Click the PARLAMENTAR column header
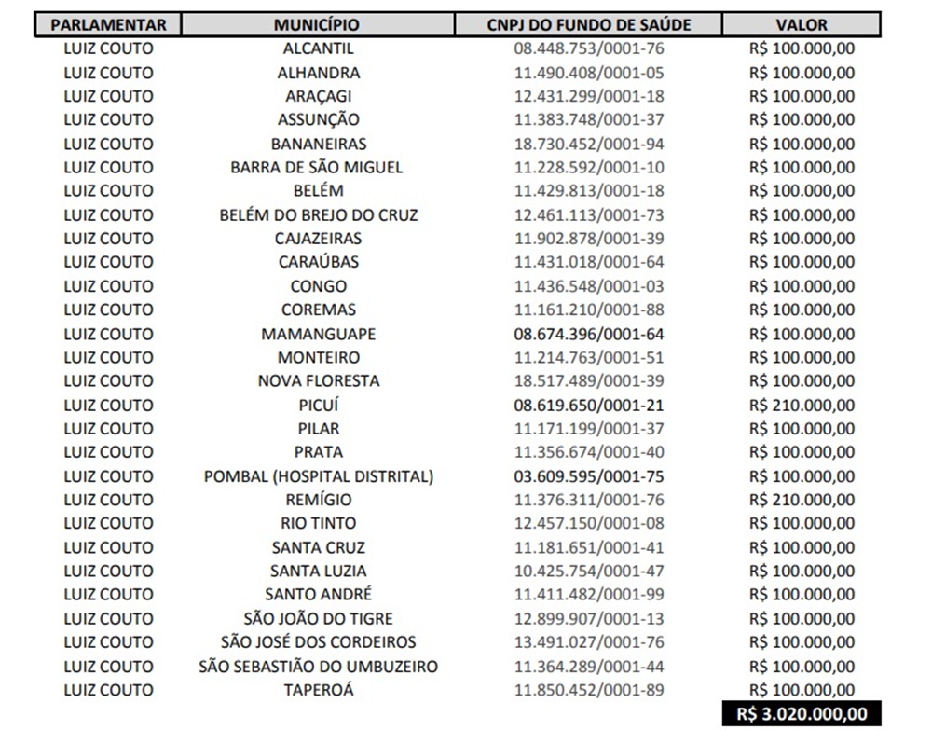point(108,25)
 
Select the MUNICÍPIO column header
point(317,25)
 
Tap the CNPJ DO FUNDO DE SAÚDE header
point(589,25)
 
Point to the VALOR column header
point(802,25)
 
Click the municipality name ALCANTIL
point(318,48)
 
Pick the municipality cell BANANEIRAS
point(318,144)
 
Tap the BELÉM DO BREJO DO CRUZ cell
point(318,214)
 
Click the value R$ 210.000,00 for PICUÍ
point(802,405)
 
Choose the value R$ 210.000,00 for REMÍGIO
point(802,500)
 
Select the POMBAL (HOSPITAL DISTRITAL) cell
point(318,476)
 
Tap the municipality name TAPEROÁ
point(318,690)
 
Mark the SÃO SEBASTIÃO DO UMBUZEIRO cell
point(318,667)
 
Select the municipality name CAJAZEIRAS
point(318,239)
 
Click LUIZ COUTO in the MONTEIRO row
point(108,357)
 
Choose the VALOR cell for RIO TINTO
point(802,523)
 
